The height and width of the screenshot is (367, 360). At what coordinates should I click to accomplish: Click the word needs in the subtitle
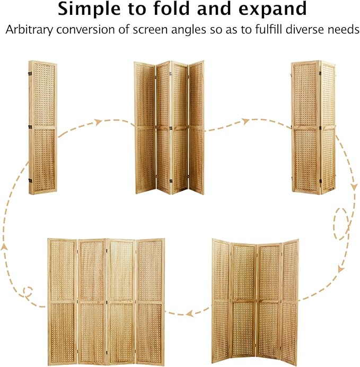tap(339, 29)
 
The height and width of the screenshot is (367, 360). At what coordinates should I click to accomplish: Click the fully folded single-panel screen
tap(43, 127)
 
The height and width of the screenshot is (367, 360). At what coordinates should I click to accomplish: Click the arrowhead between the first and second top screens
tap(98, 123)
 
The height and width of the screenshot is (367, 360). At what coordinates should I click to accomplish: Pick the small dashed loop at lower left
tap(28, 291)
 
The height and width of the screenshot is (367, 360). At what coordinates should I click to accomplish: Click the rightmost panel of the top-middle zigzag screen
tap(197, 127)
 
